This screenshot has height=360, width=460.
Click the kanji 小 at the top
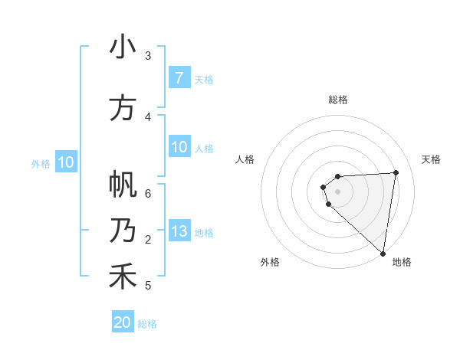[123, 47]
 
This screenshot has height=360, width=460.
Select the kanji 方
[123, 108]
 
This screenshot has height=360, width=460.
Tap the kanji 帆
[123, 185]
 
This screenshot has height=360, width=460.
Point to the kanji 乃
[123, 231]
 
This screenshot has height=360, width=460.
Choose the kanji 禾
[123, 277]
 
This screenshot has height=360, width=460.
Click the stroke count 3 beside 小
[148, 55]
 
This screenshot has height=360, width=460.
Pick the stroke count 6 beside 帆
[148, 193]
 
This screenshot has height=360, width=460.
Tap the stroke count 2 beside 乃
[148, 240]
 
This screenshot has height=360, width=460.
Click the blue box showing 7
[179, 78]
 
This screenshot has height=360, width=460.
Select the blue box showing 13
[179, 232]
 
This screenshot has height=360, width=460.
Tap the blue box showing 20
[123, 322]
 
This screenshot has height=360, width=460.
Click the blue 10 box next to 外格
[65, 162]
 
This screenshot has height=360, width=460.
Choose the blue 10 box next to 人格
[179, 148]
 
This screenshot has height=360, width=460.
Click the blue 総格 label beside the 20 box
[147, 324]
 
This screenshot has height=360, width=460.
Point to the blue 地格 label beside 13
[204, 233]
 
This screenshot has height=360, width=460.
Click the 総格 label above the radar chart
[337, 100]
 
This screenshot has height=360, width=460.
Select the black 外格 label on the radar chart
[270, 262]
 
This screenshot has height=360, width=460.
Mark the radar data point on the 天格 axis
[396, 172]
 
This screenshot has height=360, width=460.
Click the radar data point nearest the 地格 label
[382, 254]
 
